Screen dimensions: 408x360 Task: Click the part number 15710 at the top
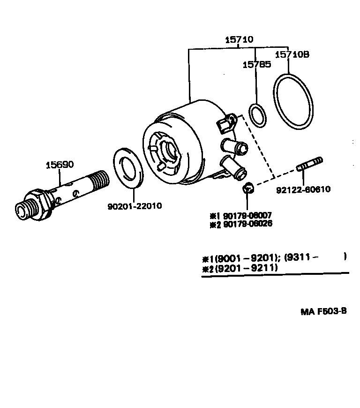point(239,40)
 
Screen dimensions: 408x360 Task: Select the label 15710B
point(292,54)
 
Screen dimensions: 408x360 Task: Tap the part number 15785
point(256,65)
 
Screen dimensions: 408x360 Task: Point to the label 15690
point(60,165)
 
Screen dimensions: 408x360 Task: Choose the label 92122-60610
point(303,189)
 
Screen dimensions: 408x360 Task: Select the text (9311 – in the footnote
point(302,257)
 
